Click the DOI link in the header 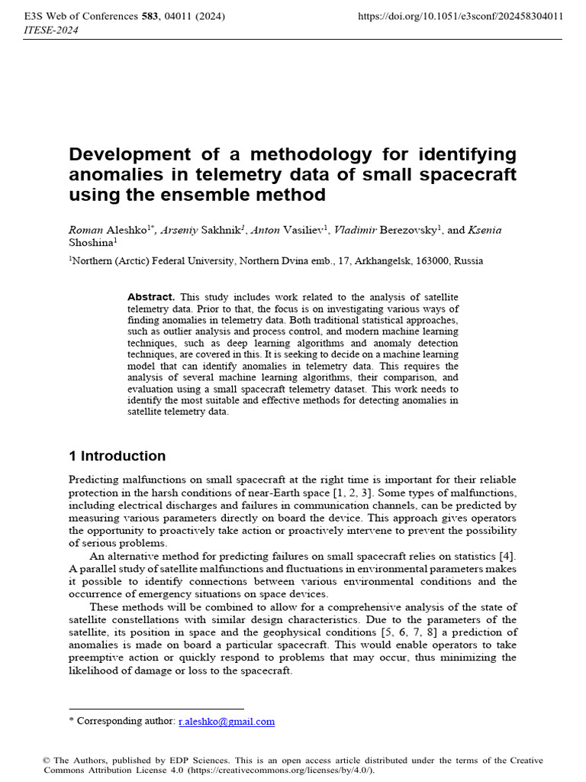(460, 15)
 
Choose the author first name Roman (85, 230)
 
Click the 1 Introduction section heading (117, 456)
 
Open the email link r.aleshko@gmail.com (227, 721)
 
